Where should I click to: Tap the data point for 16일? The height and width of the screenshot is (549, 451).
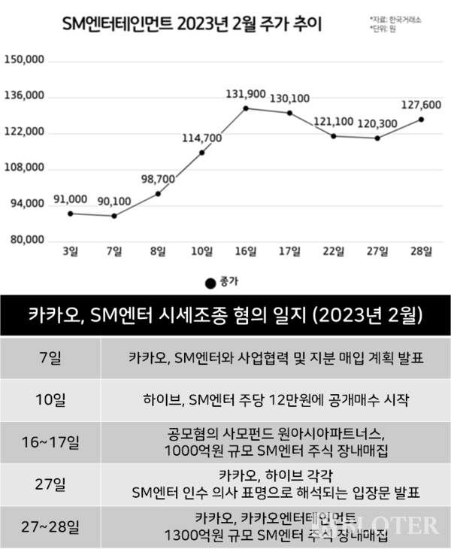click(x=246, y=108)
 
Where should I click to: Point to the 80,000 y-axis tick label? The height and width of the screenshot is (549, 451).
click(x=27, y=241)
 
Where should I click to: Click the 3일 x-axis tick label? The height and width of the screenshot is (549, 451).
click(x=70, y=251)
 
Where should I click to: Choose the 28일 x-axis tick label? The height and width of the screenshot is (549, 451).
click(x=422, y=251)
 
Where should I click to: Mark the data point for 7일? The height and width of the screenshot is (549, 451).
click(x=114, y=216)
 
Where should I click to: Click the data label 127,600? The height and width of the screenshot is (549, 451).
click(x=422, y=105)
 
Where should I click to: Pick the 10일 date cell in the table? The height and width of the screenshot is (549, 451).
click(x=52, y=399)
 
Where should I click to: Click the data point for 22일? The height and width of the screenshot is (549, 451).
click(x=334, y=136)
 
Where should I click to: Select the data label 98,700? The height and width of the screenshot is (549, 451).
click(x=158, y=179)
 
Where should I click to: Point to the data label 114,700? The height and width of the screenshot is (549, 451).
click(x=201, y=138)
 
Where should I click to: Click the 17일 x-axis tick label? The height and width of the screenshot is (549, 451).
click(x=289, y=251)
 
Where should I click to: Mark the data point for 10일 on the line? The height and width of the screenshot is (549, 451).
click(x=201, y=153)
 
